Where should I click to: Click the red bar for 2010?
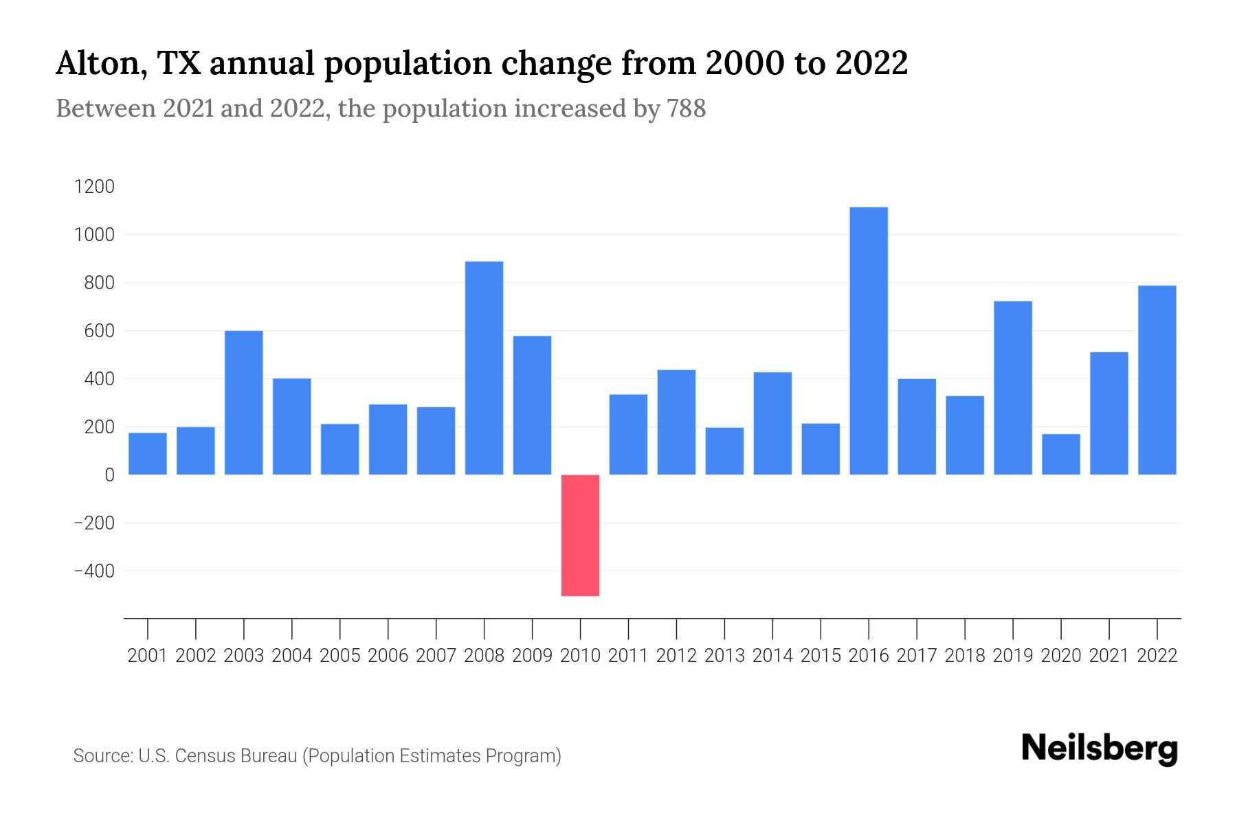(580, 535)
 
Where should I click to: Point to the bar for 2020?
(1060, 454)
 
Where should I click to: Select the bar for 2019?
(1012, 388)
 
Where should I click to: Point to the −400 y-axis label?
(94, 571)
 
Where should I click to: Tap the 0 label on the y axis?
(109, 474)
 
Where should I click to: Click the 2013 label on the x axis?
(724, 656)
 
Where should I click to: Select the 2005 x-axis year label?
(340, 656)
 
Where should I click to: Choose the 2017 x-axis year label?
(917, 656)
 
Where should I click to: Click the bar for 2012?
(676, 422)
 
